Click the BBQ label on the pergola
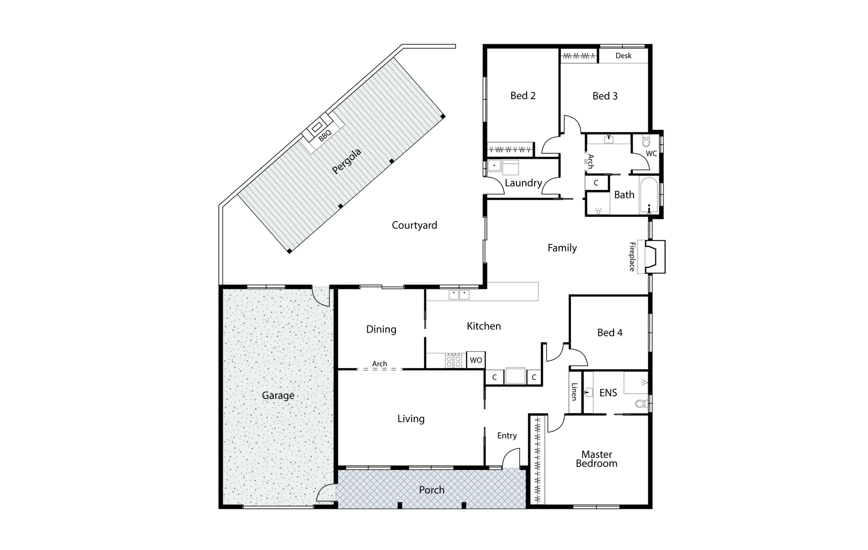click(325, 135)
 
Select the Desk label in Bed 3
click(623, 56)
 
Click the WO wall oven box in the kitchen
click(476, 360)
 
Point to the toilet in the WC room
click(646, 141)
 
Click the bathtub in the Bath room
click(649, 195)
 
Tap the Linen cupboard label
click(574, 392)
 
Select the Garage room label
click(278, 395)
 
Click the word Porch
click(431, 490)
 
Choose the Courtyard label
click(414, 225)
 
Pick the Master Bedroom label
click(596, 459)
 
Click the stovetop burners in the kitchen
click(453, 361)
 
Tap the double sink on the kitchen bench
click(459, 295)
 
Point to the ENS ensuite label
click(608, 393)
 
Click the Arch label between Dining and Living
click(380, 364)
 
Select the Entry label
click(507, 435)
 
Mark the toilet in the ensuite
click(642, 404)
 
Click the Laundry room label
click(523, 183)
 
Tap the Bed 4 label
click(610, 333)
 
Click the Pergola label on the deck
click(346, 161)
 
